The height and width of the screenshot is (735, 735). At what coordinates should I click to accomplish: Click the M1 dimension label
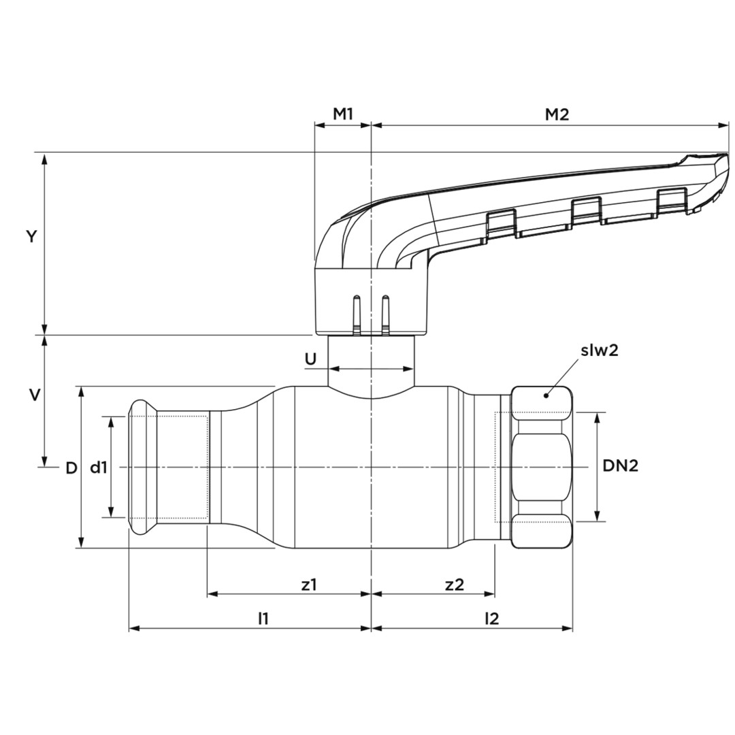(342, 114)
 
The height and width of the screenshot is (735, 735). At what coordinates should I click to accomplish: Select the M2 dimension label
(557, 114)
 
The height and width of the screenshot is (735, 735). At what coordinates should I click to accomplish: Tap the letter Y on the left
(31, 237)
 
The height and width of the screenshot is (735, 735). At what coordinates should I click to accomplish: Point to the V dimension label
(34, 395)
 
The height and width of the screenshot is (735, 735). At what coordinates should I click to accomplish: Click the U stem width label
(310, 359)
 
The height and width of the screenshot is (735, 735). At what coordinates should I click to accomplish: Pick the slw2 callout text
(599, 350)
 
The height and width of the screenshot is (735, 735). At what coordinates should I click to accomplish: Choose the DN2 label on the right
(620, 466)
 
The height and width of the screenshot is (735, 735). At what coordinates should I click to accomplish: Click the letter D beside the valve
(71, 468)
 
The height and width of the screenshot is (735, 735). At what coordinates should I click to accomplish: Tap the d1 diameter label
(99, 468)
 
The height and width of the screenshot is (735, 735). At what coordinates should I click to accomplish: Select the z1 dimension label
(309, 584)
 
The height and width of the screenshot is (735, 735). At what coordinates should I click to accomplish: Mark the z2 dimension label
(454, 584)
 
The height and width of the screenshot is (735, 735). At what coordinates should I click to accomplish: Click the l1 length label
(263, 618)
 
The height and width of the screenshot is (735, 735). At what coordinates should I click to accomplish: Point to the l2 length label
(491, 618)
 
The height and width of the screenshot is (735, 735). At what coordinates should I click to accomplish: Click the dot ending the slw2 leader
(546, 395)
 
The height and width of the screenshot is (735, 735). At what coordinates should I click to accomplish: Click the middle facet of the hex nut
(541, 467)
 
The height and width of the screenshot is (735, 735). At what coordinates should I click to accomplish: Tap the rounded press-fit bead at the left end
(139, 467)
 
